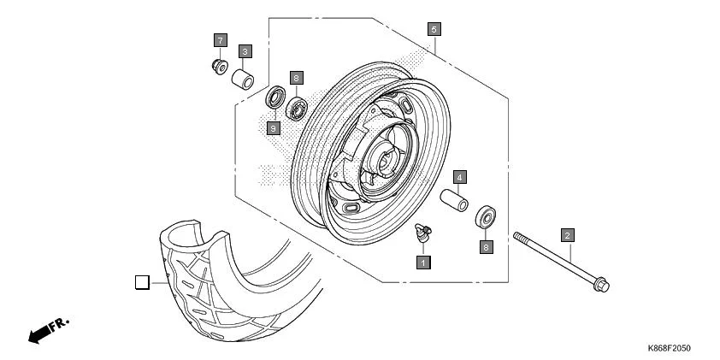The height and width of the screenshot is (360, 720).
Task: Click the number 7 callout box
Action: (x=220, y=40)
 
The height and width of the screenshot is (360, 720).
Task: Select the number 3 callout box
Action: (x=245, y=51)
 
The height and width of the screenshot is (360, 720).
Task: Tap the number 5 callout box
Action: (x=434, y=29)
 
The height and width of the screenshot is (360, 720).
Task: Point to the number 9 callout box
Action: (x=274, y=127)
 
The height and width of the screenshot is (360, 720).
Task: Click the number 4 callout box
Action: (x=459, y=178)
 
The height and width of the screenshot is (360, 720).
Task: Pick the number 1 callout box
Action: (x=422, y=262)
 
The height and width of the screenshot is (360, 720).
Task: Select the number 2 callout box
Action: (x=567, y=233)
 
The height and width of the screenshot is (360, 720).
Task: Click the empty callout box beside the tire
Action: (x=143, y=281)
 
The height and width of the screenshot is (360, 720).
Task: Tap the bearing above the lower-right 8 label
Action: (x=487, y=216)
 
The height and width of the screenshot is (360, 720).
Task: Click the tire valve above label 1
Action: (x=421, y=230)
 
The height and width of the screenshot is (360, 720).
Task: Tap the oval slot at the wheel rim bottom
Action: (x=351, y=208)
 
